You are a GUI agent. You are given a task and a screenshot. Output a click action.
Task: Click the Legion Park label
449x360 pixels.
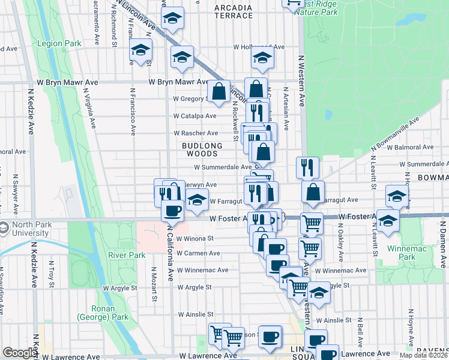59,44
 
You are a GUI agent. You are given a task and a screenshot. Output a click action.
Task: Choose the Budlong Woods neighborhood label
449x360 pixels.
202,149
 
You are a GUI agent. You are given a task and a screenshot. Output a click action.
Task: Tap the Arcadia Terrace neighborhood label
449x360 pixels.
234,11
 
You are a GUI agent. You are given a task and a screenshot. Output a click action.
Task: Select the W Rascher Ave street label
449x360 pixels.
196,133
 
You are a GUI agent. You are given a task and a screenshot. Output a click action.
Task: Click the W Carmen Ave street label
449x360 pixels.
197,253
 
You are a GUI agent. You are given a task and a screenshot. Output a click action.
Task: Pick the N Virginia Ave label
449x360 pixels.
90,112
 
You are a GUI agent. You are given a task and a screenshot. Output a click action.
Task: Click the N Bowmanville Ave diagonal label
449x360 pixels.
394,133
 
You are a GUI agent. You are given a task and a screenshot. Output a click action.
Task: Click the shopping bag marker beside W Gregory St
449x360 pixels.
218,92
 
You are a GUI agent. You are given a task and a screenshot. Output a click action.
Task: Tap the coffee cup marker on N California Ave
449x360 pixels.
173,211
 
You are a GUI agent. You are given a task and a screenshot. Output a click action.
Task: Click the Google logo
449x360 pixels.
20,353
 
